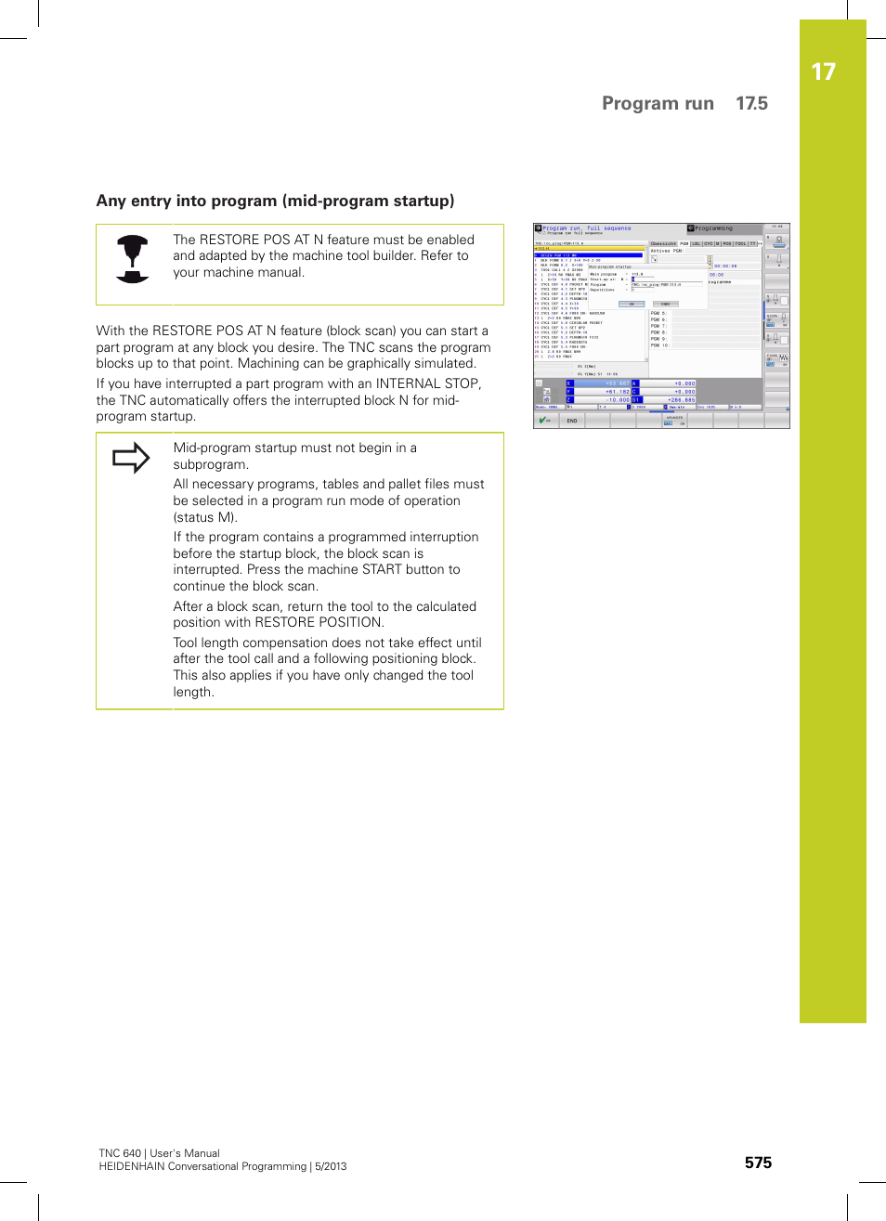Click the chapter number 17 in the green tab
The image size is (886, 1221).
pos(823,72)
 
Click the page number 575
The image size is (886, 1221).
pos(758,1163)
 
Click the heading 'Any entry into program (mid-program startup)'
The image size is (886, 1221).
pos(275,201)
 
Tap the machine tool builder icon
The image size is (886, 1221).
pos(133,259)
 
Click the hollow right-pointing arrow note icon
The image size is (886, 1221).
pos(131,458)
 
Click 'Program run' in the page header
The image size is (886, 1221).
pos(658,103)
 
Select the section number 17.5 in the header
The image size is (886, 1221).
pos(751,103)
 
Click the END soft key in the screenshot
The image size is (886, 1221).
pos(572,421)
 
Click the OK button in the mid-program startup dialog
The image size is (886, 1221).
pos(632,304)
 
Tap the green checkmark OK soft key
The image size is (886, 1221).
pos(545,421)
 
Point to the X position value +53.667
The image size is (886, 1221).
pos(617,383)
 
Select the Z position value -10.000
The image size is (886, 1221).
pos(617,400)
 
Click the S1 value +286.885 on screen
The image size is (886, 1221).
pos(681,400)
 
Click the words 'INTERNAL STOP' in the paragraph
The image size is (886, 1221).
pos(428,383)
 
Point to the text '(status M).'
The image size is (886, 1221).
pos(205,517)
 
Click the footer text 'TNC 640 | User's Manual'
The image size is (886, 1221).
pos(160,1153)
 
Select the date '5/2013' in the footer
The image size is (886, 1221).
pos(331,1166)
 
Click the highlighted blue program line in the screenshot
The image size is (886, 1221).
pos(589,255)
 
